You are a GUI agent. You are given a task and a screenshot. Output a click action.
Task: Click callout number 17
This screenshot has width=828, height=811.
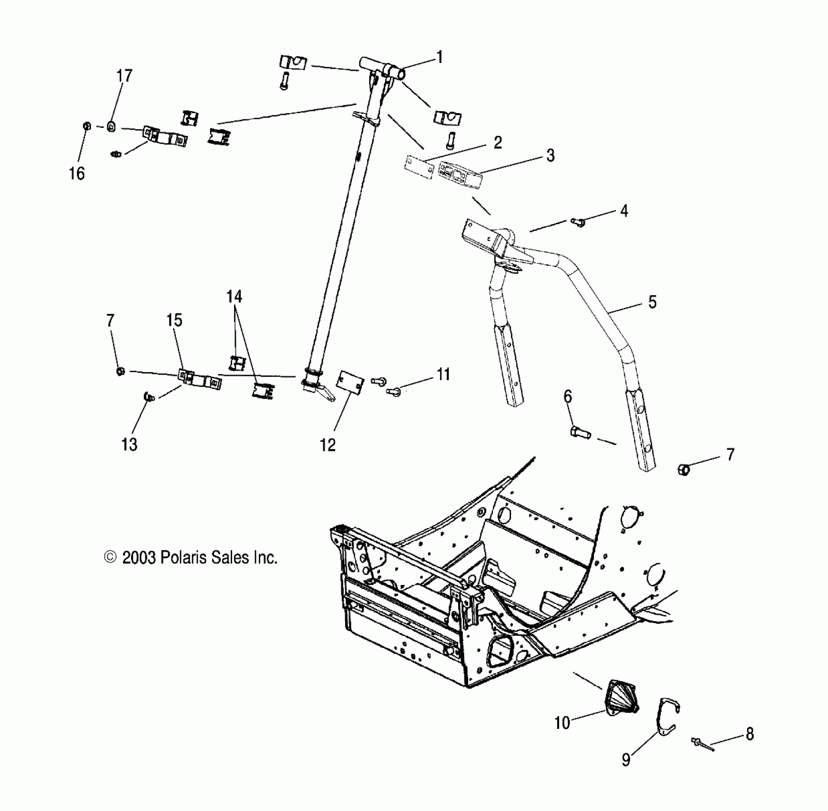click(124, 76)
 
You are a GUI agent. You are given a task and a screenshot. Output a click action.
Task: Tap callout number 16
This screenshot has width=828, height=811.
click(77, 174)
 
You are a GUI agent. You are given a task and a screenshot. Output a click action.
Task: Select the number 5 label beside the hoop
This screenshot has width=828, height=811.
click(652, 302)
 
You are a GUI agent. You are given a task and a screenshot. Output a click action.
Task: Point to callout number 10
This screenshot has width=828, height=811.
click(562, 723)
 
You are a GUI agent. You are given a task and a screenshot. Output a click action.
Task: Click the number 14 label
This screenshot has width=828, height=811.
click(234, 297)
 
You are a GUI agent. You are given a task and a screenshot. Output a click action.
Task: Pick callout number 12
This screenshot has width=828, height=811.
click(328, 445)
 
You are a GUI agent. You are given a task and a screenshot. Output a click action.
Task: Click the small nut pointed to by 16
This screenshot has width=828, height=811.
click(87, 126)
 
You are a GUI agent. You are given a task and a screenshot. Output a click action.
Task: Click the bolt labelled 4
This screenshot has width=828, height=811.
click(578, 221)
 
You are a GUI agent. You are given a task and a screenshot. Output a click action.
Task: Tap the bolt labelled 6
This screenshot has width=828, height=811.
click(580, 433)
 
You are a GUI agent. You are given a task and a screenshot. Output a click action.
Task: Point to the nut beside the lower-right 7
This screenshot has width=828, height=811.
click(684, 469)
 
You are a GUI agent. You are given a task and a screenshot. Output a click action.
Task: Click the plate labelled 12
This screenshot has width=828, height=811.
click(350, 382)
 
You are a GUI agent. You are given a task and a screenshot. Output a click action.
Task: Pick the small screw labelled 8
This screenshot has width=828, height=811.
click(701, 743)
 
